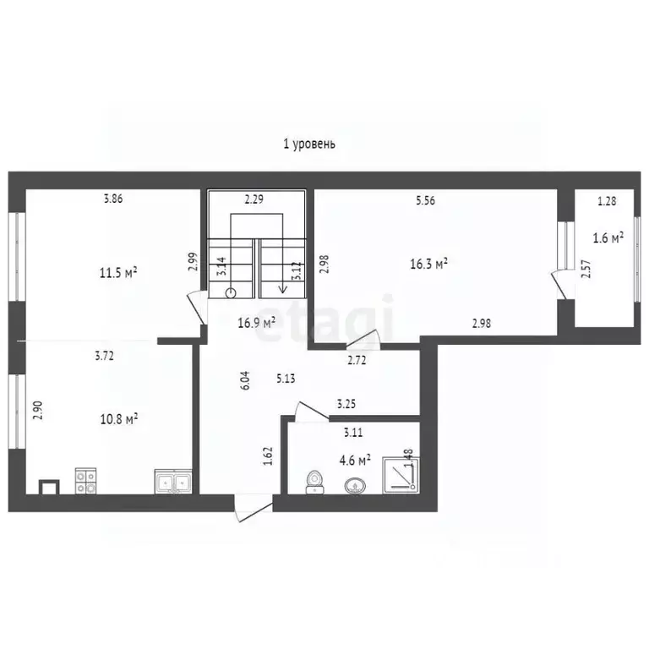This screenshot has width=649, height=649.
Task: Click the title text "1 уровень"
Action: click(x=309, y=144)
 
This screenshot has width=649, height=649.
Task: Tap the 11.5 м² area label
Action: click(x=118, y=272)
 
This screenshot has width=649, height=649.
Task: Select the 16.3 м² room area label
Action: click(x=428, y=264)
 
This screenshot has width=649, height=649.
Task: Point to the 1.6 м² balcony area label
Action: click(x=608, y=237)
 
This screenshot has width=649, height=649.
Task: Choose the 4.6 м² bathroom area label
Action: click(x=355, y=461)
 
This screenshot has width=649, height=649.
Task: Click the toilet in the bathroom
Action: click(x=314, y=482)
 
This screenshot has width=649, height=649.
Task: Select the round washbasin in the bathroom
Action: click(x=354, y=486)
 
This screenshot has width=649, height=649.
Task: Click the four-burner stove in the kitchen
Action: click(x=85, y=481)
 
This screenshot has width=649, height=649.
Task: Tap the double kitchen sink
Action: click(x=174, y=481)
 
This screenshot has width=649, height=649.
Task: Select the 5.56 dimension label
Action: click(x=427, y=201)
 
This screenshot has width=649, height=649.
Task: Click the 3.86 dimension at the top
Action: click(x=113, y=199)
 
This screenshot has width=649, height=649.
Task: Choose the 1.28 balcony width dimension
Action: click(x=607, y=201)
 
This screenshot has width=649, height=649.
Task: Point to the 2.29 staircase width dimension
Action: click(x=254, y=200)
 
